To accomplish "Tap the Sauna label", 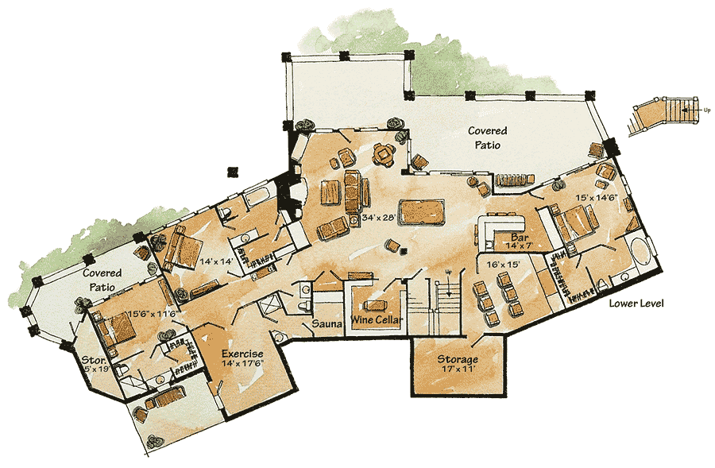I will [327, 323].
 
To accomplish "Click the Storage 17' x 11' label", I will [457, 364].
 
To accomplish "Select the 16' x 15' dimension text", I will [497, 262].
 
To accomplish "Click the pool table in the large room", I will [420, 212].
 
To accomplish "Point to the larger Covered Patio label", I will [487, 137].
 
